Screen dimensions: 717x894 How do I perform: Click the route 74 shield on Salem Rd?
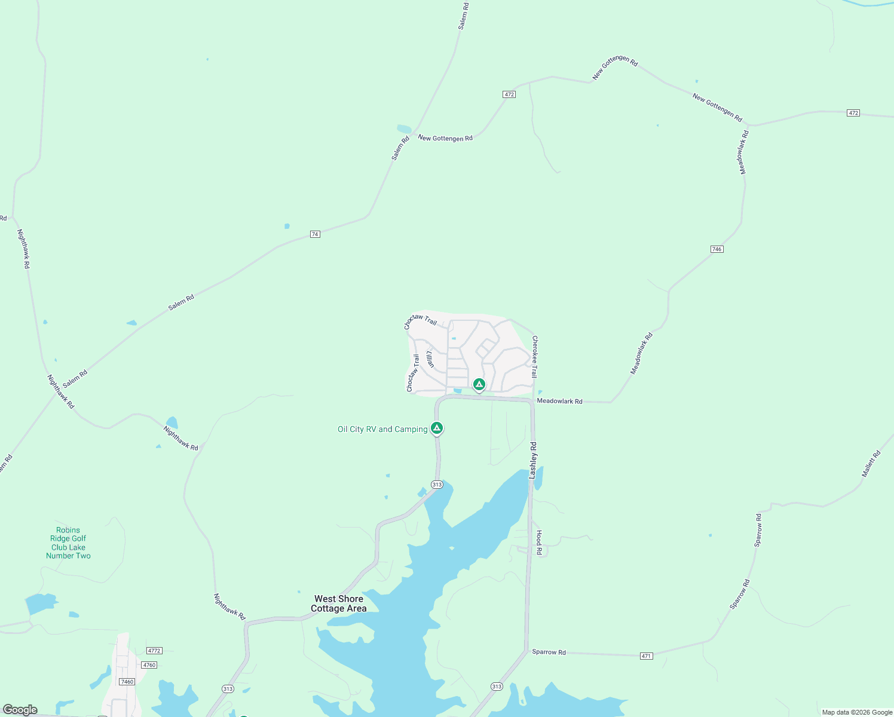coord(315,234)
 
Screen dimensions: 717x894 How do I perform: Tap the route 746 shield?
coord(717,249)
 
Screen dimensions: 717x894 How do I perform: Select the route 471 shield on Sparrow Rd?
coord(646,656)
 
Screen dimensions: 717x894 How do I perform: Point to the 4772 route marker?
coord(154,651)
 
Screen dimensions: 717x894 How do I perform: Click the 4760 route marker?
coord(149,665)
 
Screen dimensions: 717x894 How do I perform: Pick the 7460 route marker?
coord(127,682)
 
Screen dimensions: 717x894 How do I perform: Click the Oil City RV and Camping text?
coord(382,429)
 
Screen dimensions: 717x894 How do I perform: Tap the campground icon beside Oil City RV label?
coord(437,428)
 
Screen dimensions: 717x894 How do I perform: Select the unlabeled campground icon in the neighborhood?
coord(479,384)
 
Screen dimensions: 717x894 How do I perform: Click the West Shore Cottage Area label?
coord(339,603)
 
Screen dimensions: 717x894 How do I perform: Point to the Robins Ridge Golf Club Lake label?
coord(68,543)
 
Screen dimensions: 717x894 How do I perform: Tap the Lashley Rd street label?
coord(533,460)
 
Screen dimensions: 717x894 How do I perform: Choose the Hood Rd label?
coord(539,543)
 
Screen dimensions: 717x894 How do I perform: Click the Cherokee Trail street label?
coord(535,357)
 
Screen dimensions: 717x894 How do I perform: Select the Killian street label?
coord(430,358)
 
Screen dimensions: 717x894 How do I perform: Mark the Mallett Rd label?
coord(871,464)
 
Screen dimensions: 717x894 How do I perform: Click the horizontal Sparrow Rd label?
coord(549,652)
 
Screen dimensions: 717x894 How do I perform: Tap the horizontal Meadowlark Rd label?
coord(559,401)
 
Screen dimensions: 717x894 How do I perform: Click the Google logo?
coord(20,710)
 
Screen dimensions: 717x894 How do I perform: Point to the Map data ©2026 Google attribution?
coord(857,712)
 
